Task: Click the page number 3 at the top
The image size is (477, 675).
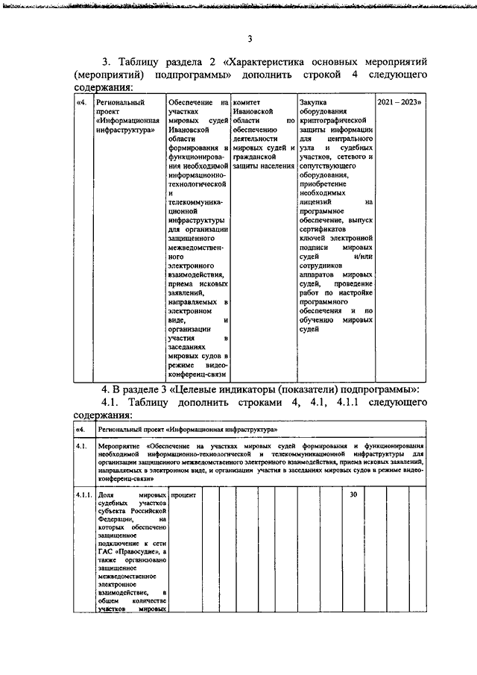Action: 250,39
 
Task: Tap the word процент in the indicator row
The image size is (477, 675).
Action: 183,495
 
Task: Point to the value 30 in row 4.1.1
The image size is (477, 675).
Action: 355,495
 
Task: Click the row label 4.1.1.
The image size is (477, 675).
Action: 83,495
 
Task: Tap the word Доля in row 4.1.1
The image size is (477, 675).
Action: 107,495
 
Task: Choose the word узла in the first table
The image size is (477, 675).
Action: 307,148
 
